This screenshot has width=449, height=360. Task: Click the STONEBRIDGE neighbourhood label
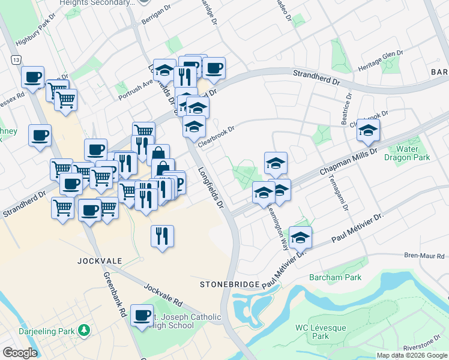pos(229,284)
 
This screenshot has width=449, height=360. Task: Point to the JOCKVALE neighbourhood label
pos(100,261)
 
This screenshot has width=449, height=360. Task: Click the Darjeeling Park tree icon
pos(85,330)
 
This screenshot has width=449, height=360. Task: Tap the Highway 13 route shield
pos(15,60)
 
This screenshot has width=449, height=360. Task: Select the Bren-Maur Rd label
pos(424,256)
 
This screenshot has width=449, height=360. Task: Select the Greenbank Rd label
pos(113,295)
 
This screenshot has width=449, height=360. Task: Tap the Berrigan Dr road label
pos(153,19)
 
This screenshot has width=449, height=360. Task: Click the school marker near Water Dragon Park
pos(368,130)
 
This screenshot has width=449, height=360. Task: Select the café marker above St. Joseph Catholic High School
pos(142,314)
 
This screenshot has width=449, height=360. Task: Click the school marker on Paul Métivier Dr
pos(300,238)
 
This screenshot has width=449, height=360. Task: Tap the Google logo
pos(19,353)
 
